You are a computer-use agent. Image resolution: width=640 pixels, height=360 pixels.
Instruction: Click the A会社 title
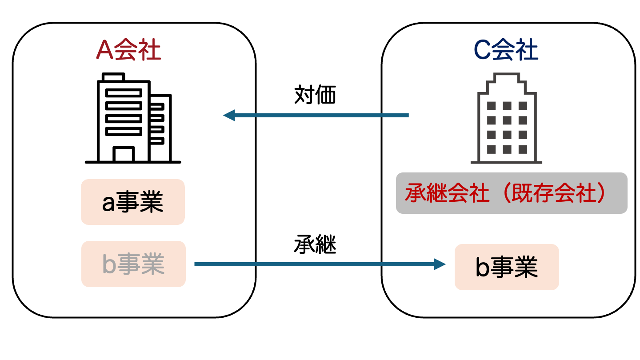coord(128,51)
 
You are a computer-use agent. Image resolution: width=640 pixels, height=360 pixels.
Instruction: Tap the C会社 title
coord(506,50)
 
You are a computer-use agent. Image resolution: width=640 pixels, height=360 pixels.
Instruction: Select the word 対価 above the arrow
coord(315,95)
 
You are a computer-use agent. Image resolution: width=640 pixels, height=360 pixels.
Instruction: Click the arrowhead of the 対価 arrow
coord(228,116)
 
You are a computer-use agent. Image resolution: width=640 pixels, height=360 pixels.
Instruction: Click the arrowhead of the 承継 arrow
coord(440,265)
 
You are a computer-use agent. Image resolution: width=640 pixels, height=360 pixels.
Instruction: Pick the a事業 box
coord(132,202)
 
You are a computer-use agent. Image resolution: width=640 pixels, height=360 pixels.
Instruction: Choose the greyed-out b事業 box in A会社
coord(133,264)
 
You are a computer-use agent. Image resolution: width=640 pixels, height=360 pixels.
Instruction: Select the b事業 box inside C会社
coord(506,267)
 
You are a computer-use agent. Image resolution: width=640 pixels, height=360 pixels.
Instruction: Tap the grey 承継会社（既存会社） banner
coord(511,193)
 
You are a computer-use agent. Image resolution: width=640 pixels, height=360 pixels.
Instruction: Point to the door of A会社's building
coord(123,154)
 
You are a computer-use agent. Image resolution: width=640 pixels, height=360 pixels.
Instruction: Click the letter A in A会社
coord(104,51)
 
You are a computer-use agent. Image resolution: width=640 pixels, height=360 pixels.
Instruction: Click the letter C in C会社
coord(482,50)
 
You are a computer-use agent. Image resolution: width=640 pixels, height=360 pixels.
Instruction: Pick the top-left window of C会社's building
coord(491,106)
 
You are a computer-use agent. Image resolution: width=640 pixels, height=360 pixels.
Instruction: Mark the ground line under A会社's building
coord(133,162)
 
